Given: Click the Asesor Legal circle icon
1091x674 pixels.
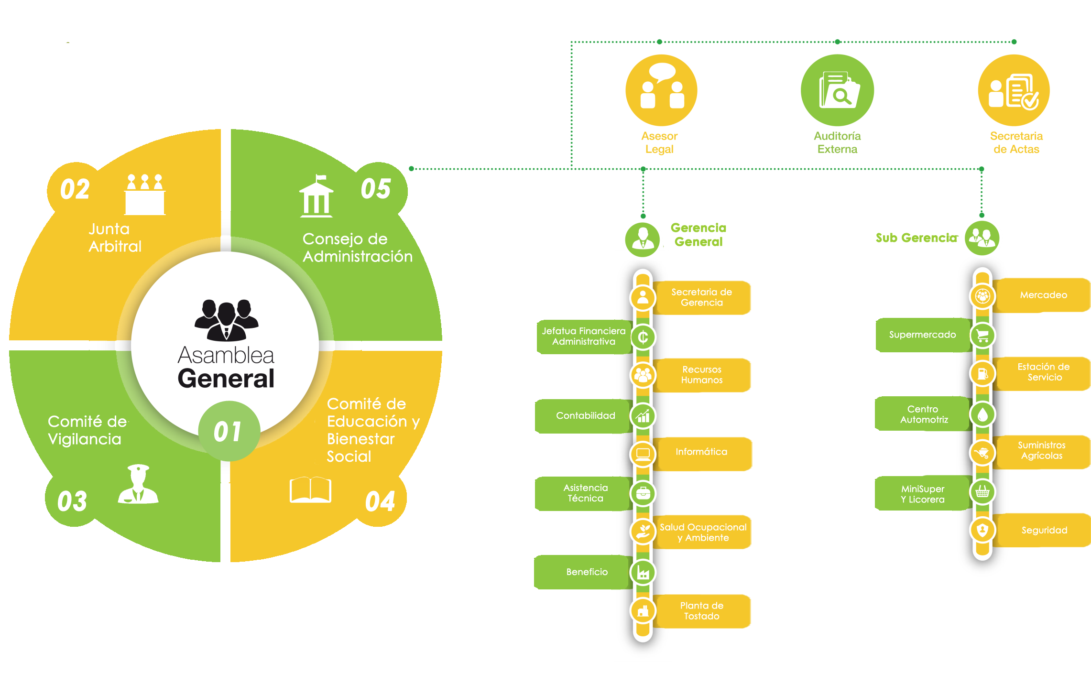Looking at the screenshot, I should (661, 90).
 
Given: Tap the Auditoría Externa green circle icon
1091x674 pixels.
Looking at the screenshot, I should (837, 90).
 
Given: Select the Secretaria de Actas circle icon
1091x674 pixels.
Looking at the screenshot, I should (1014, 90).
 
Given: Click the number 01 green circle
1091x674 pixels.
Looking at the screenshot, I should (229, 431).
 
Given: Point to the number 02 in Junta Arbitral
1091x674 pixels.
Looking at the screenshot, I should (75, 189).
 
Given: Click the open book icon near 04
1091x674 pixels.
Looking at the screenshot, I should (310, 489).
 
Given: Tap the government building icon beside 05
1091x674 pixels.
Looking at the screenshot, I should (316, 197).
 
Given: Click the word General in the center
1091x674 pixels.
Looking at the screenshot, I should (226, 379).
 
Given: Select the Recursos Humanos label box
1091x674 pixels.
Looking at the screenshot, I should (701, 375).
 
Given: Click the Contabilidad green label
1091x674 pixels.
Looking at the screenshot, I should (585, 416).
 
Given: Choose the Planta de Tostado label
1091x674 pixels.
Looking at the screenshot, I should (701, 611).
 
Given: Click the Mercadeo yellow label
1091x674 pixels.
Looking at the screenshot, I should (1043, 295).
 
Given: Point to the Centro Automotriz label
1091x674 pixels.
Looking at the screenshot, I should (923, 414).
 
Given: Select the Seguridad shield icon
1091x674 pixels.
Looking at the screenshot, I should (982, 530).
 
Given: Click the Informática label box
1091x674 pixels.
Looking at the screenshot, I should (701, 452).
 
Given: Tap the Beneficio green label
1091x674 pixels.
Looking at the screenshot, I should (586, 572).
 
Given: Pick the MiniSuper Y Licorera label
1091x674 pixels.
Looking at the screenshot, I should (922, 494).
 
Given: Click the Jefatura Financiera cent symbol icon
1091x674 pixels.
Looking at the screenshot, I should (643, 337).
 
